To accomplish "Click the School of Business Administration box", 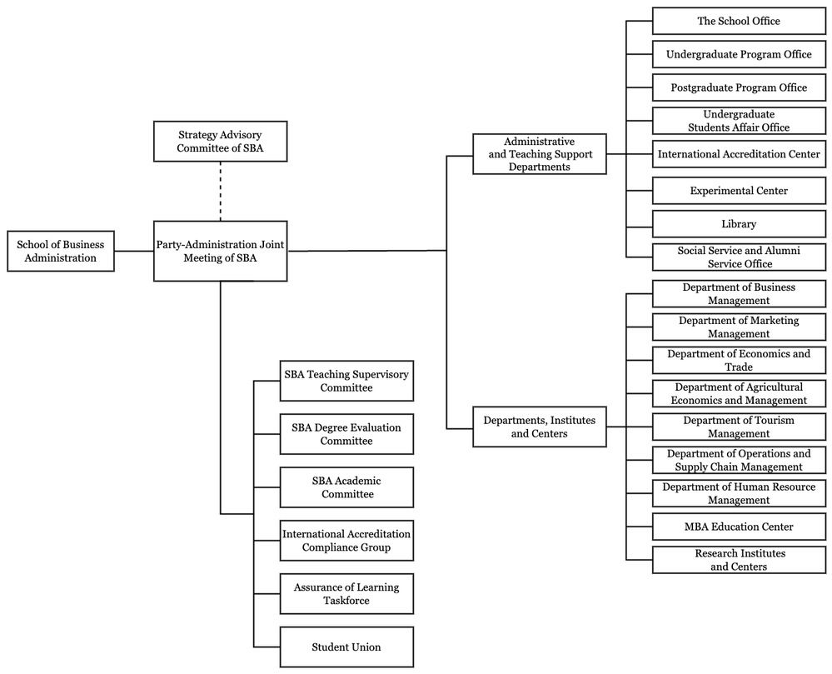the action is (x=61, y=251).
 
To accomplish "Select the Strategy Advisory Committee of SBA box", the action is (x=220, y=141).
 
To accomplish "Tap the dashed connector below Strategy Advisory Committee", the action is (x=220, y=191).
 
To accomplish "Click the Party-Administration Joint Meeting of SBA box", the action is (x=220, y=251).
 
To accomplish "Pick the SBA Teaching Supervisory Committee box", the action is (x=346, y=381).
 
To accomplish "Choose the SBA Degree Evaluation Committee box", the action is (x=346, y=434).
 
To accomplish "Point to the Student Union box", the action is (x=346, y=647).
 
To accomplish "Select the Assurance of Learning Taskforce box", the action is (x=346, y=594).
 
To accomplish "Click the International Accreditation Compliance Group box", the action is (x=346, y=540).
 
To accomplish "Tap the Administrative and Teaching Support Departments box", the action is (x=540, y=154).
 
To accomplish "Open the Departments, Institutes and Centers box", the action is (x=540, y=427).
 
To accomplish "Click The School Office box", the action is (x=740, y=21).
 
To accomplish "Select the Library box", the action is (x=740, y=224).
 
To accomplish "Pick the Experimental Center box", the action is (x=740, y=191).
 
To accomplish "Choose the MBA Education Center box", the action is (x=740, y=527).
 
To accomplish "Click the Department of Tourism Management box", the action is (x=740, y=427).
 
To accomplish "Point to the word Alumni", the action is (x=783, y=251).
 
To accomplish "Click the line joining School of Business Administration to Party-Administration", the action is (x=134, y=251).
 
